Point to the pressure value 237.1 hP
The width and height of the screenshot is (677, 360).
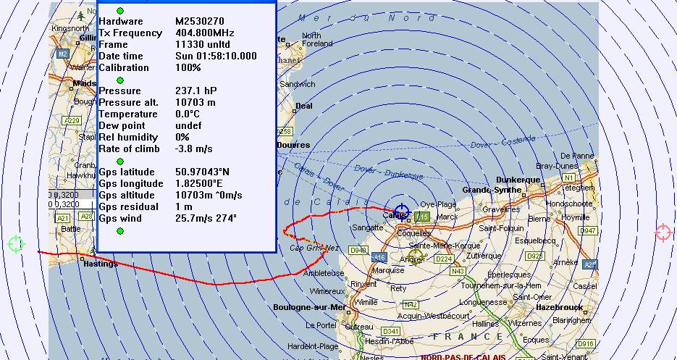[196, 91]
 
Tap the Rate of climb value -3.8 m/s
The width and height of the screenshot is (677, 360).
[194, 148]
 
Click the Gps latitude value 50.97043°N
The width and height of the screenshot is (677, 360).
[209, 172]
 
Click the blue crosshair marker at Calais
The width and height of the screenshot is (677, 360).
[401, 212]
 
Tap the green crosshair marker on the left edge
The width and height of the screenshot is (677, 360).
[16, 244]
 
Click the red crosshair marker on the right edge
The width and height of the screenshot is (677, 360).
[663, 233]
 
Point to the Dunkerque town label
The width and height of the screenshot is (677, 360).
[518, 180]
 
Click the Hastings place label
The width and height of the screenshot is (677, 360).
[101, 264]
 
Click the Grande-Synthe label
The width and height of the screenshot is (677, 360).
[491, 190]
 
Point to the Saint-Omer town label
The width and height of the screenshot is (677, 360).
[534, 296]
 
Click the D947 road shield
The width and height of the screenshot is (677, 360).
[589, 230]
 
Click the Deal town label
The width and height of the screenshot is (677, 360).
[304, 106]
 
